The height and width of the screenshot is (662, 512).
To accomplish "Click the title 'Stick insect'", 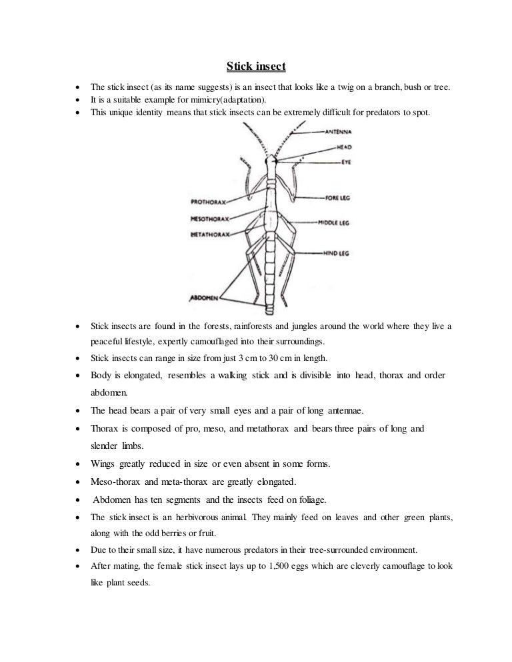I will [256, 67].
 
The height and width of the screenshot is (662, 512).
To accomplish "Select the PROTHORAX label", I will [209, 200].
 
